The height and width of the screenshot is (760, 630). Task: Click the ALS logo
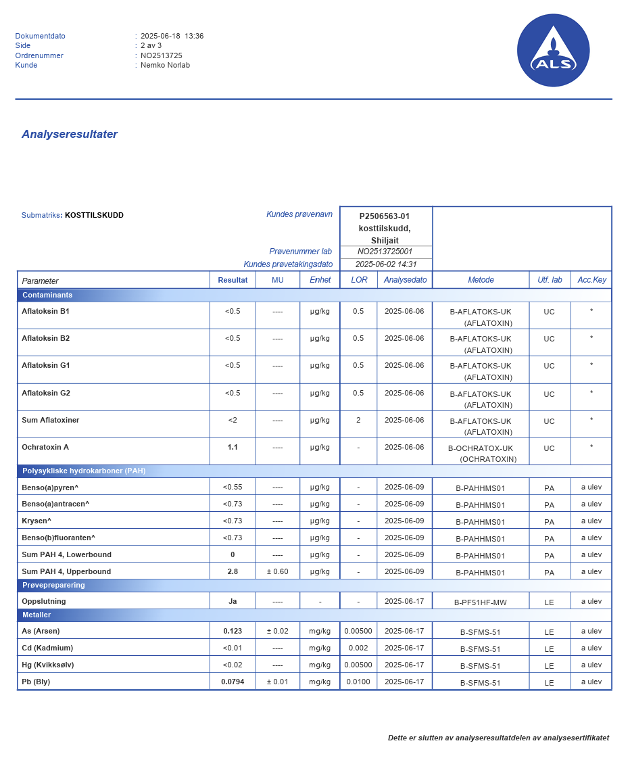[553, 51]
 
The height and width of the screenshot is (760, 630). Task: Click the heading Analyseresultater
[70, 134]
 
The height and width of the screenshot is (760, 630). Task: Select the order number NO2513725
[162, 55]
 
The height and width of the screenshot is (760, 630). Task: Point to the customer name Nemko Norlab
[165, 65]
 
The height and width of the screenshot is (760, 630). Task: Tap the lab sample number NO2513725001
[385, 252]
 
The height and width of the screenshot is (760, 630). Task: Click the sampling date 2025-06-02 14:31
[386, 264]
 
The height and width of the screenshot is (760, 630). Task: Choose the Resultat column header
[233, 280]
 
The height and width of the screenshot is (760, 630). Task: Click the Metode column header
[481, 280]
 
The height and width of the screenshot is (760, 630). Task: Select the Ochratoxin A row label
[45, 447]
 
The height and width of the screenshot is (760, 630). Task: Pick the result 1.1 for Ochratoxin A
[233, 447]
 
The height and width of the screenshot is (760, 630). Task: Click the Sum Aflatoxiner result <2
[233, 420]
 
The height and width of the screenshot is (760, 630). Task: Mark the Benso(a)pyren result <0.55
[233, 487]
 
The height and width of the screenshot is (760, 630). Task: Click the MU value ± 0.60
[277, 571]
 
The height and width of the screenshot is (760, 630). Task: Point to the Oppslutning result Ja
[233, 601]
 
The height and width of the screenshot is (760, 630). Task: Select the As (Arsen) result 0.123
[233, 631]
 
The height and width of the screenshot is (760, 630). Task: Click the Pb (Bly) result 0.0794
[233, 682]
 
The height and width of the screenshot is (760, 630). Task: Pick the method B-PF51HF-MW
[481, 602]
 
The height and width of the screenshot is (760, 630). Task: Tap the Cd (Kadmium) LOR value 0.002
[358, 648]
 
